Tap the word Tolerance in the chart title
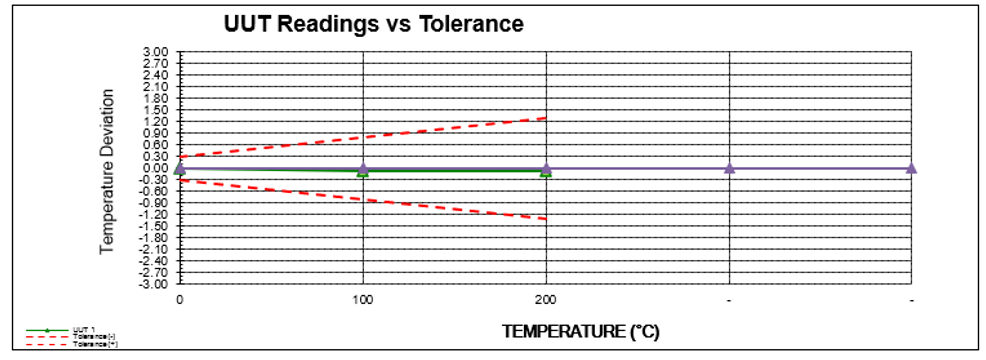point(470,23)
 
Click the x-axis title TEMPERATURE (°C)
point(580,330)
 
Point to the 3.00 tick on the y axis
point(156,51)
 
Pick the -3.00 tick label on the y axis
point(155,283)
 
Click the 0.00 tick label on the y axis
point(156,168)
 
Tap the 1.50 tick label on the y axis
point(156,109)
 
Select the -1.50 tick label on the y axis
point(155,225)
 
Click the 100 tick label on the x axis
point(362,300)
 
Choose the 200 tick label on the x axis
point(545,300)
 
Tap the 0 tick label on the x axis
point(180,300)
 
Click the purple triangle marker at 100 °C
point(363,167)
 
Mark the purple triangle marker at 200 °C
point(546,167)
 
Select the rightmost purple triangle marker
point(911,167)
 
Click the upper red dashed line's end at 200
point(545,118)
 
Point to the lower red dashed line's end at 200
point(545,218)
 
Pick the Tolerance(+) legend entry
point(89,343)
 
